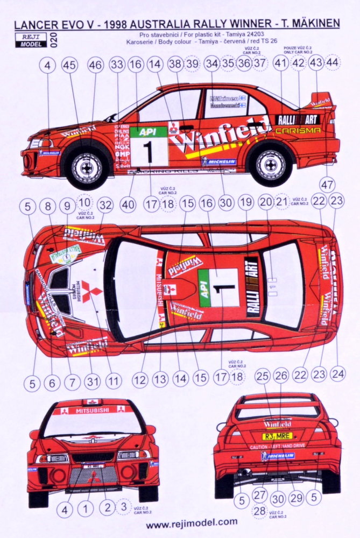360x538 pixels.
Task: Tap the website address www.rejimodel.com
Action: tap(192, 521)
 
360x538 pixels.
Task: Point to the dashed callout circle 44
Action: tap(333, 62)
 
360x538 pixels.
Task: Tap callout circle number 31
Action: tap(92, 381)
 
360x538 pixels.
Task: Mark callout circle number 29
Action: tap(295, 498)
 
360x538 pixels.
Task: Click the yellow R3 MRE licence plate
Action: tap(277, 436)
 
